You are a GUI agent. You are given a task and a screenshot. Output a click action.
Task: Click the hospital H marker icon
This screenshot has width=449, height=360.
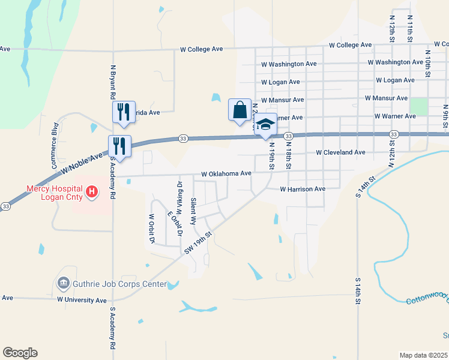pos(92,192)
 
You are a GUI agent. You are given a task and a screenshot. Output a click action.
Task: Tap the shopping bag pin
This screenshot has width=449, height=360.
pos(240,110)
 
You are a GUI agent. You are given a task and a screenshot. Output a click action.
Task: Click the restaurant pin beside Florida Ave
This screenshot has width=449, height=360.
pos(123,112)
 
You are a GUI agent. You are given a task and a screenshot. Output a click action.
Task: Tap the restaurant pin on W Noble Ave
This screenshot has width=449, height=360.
pos(119,146)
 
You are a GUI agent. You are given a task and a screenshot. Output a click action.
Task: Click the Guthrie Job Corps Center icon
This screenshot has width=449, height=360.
pos(62,283)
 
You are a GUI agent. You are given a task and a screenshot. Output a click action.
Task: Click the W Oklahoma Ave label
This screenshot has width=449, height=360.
pos(226,173)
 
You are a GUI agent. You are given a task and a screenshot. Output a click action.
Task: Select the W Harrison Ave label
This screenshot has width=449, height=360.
pos(303,189)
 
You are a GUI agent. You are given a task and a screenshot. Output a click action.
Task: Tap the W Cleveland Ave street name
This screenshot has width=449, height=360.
pos(340,152)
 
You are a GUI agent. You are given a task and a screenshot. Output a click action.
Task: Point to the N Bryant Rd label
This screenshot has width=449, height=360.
pos(112,82)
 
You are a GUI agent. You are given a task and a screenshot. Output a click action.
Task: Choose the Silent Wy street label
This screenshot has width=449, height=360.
pos(193,211)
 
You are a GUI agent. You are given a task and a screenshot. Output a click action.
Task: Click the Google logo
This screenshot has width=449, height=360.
pos(20,353)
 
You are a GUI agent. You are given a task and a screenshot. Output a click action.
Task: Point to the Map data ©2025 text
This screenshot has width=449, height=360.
pos(423,355)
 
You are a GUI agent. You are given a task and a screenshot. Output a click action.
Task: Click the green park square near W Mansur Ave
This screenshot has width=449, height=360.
pos(418,106)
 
